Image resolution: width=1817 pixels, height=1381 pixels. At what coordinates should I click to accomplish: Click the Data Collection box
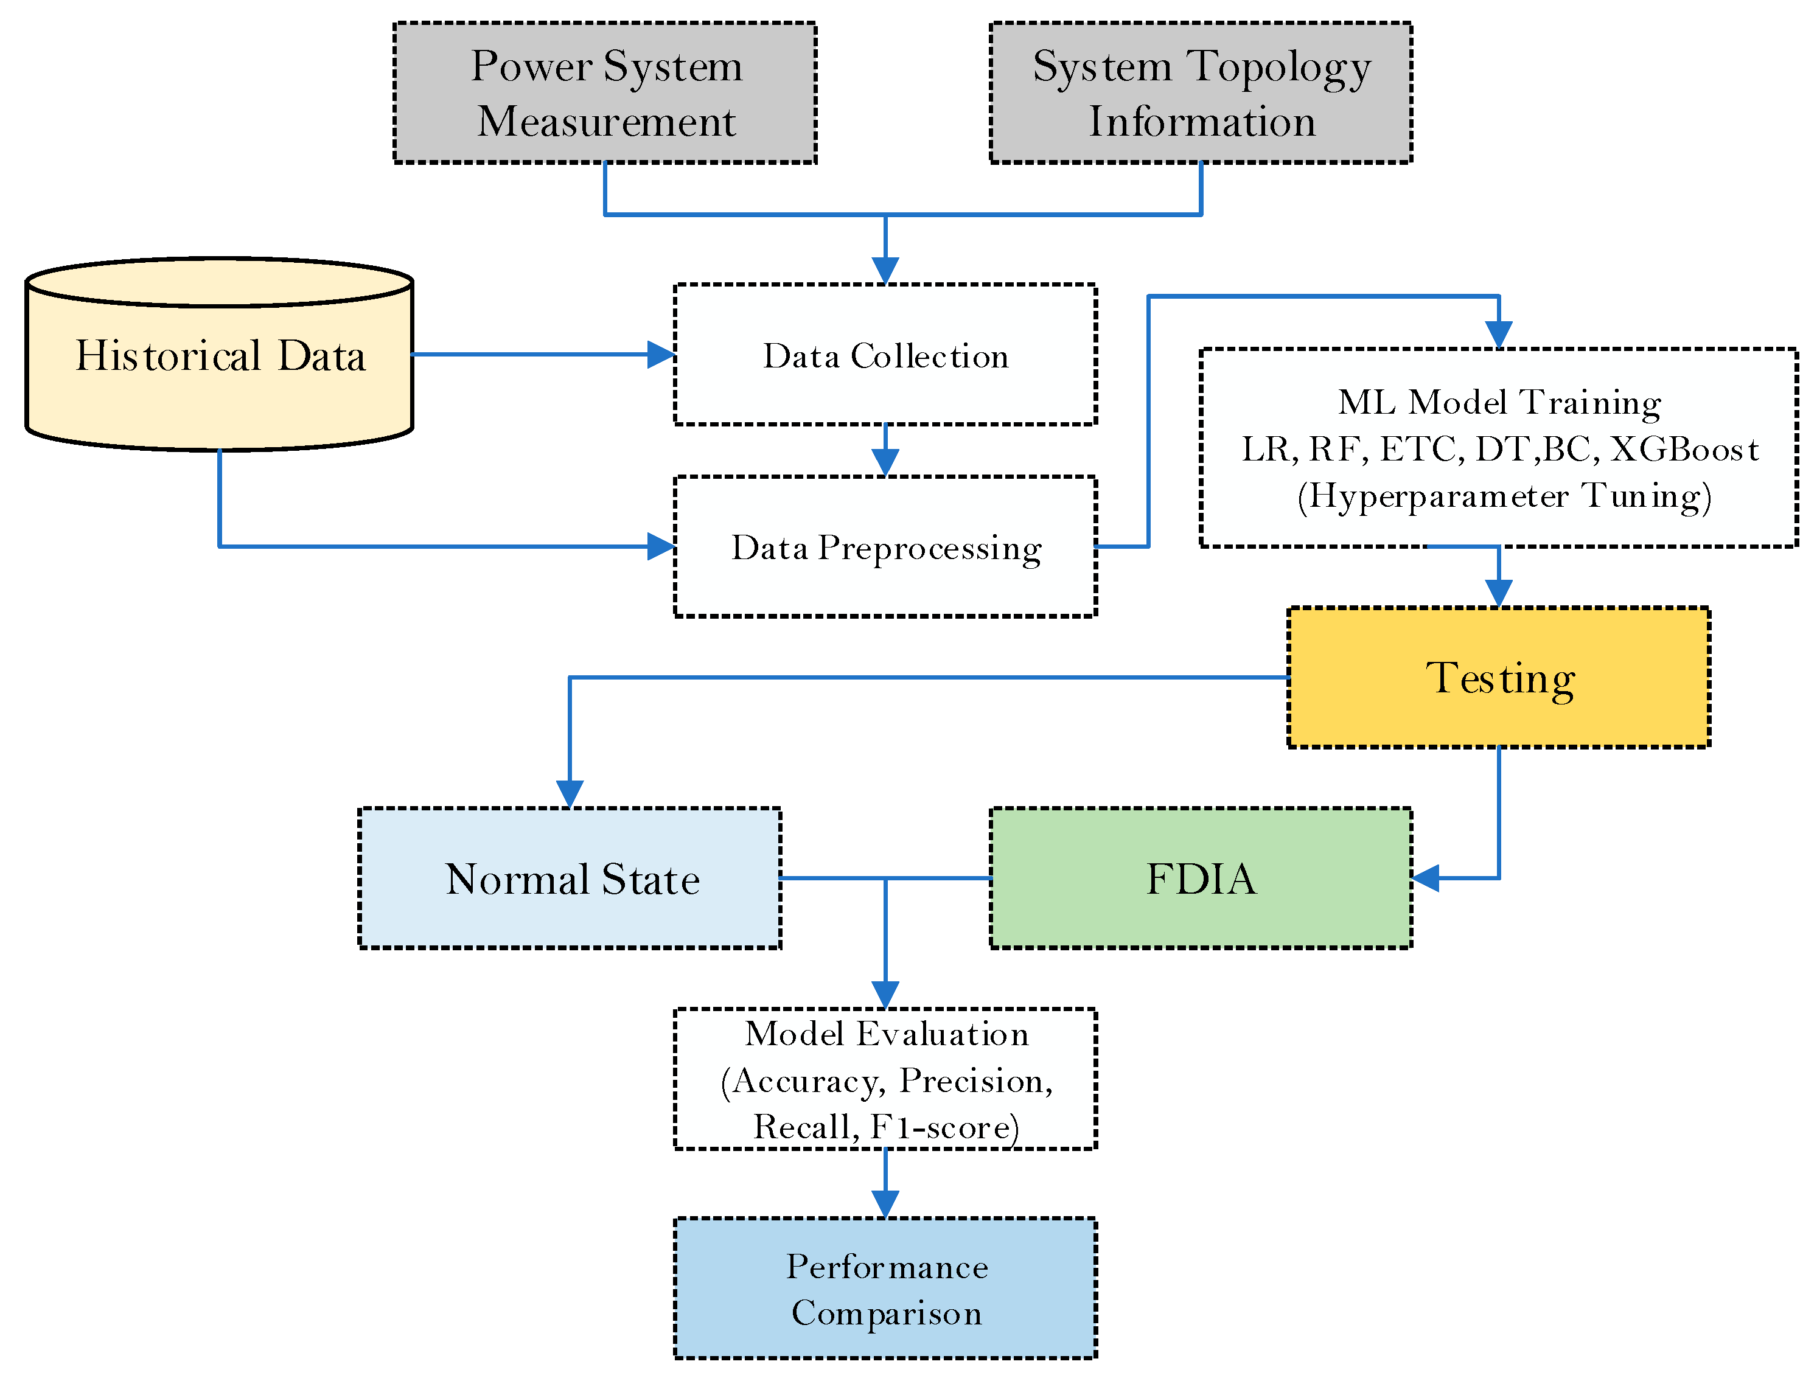[x=885, y=355]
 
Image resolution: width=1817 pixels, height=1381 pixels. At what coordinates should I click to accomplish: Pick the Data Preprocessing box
[x=885, y=547]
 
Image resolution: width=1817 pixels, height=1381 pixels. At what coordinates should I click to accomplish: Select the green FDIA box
[x=1201, y=878]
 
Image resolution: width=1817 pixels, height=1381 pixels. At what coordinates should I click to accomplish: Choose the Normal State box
[x=570, y=878]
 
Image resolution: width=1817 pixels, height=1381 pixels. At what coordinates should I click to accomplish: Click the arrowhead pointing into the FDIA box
[x=1426, y=878]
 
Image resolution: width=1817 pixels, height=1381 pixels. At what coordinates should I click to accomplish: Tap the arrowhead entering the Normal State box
[x=570, y=794]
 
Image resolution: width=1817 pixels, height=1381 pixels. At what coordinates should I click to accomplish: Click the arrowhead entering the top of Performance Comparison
[x=885, y=1204]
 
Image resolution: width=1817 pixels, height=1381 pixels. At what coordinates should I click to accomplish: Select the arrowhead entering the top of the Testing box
[x=1499, y=594]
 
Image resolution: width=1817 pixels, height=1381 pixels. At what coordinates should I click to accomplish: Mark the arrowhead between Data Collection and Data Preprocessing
[x=885, y=463]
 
